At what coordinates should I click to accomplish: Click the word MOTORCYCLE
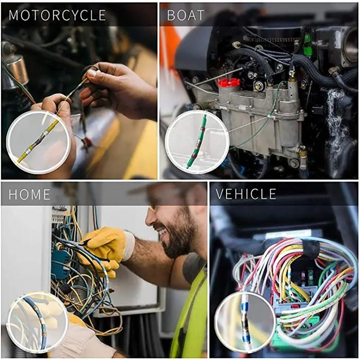point(57,15)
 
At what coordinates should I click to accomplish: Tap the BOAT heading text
point(186,15)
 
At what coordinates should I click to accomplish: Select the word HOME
point(30,194)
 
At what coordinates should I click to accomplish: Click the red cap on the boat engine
point(229,82)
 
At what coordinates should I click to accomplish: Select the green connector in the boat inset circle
point(197,142)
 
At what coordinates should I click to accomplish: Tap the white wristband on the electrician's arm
point(129,246)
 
